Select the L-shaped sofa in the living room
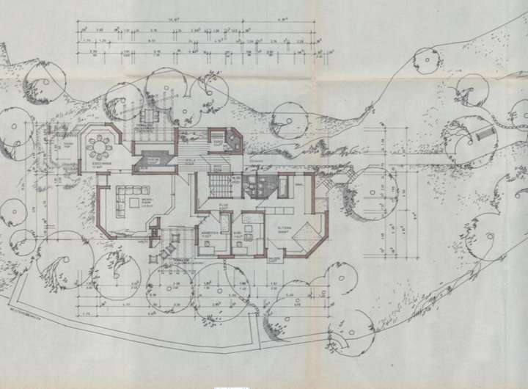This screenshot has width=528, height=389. click(132, 197)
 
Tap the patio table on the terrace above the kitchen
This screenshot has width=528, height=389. click(151, 117)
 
